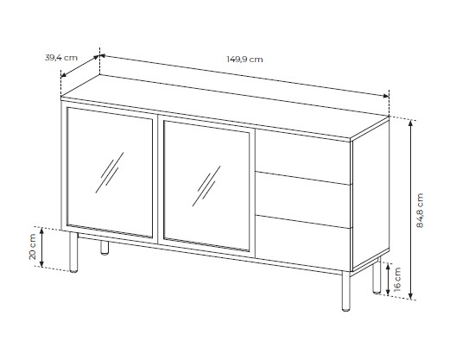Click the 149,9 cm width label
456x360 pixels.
point(244,60)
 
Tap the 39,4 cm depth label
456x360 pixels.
point(61,58)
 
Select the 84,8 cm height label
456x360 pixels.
point(420,211)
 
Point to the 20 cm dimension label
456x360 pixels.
point(32,247)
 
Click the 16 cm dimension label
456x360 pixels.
point(397,279)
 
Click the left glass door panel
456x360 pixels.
point(110,173)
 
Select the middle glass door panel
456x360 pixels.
point(206,186)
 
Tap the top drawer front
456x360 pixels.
point(303,156)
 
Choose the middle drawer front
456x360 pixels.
point(303,199)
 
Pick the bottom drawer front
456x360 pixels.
point(303,243)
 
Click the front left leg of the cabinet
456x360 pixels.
point(73,252)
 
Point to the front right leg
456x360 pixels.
point(345,291)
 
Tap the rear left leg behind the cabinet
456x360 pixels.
point(104,248)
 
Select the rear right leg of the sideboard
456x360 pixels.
point(377,275)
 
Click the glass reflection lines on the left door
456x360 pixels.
point(110,173)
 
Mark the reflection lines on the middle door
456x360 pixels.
point(206,186)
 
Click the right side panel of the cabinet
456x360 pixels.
point(371,195)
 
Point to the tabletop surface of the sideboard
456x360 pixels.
point(225,106)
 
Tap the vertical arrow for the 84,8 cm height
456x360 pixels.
point(410,210)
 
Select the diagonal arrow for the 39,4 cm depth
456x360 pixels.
point(80,66)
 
